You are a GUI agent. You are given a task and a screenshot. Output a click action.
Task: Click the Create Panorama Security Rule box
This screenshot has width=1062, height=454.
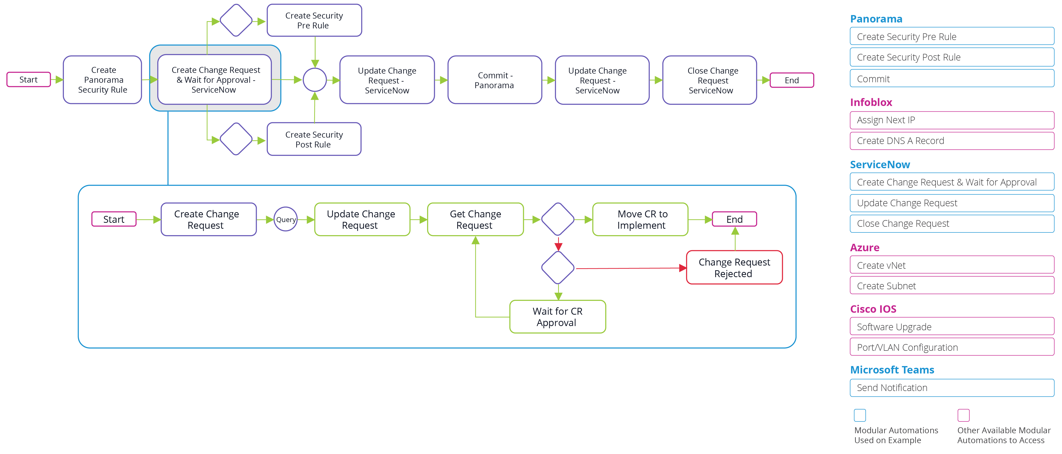[x=103, y=80]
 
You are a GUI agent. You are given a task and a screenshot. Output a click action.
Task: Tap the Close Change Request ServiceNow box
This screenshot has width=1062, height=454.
[x=710, y=80]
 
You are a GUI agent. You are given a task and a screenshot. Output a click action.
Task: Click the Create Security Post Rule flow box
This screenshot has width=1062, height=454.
[x=314, y=139]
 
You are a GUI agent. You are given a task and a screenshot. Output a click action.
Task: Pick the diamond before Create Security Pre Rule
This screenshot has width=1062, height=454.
[x=236, y=20]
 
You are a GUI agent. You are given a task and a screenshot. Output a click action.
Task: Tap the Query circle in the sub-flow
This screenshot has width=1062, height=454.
[x=285, y=219]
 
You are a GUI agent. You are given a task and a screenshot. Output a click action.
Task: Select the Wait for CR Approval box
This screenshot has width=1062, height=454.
[x=557, y=317]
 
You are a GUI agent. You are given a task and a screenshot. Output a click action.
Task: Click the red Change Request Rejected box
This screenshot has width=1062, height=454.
[x=734, y=268]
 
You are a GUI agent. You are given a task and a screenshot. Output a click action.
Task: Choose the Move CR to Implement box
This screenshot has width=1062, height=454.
[x=640, y=219]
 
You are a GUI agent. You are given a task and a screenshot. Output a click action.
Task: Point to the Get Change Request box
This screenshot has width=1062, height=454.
[x=475, y=219]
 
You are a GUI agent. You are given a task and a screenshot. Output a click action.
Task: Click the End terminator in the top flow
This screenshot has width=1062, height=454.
[x=791, y=80]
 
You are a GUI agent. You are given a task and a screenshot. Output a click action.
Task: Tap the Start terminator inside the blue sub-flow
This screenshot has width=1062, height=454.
[x=114, y=219]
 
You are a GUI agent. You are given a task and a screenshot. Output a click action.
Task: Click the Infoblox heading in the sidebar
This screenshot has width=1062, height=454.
[x=871, y=102]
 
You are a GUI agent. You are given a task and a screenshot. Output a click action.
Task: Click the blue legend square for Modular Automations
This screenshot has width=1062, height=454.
[x=860, y=415]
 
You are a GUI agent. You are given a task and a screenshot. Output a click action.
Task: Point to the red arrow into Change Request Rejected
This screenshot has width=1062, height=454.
[x=631, y=268]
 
